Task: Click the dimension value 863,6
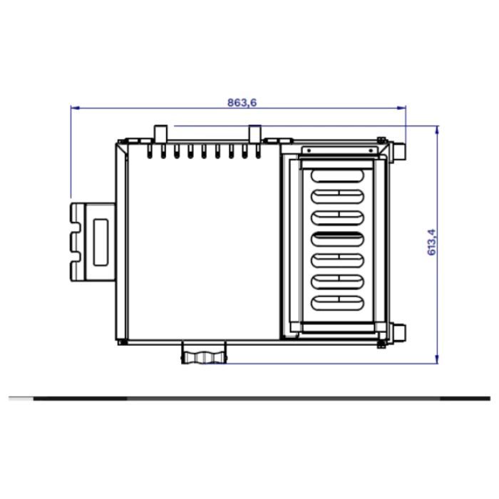coord(242,103)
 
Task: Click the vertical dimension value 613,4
coord(431,242)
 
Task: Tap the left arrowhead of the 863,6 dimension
coord(75,108)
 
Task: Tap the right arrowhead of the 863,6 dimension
coord(401,108)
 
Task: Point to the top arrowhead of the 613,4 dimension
coord(437,130)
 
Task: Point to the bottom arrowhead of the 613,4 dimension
coord(437,359)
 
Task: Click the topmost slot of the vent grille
coord(337,175)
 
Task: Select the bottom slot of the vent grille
coord(337,303)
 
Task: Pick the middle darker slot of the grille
coord(337,239)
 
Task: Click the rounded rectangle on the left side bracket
coord(101,242)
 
